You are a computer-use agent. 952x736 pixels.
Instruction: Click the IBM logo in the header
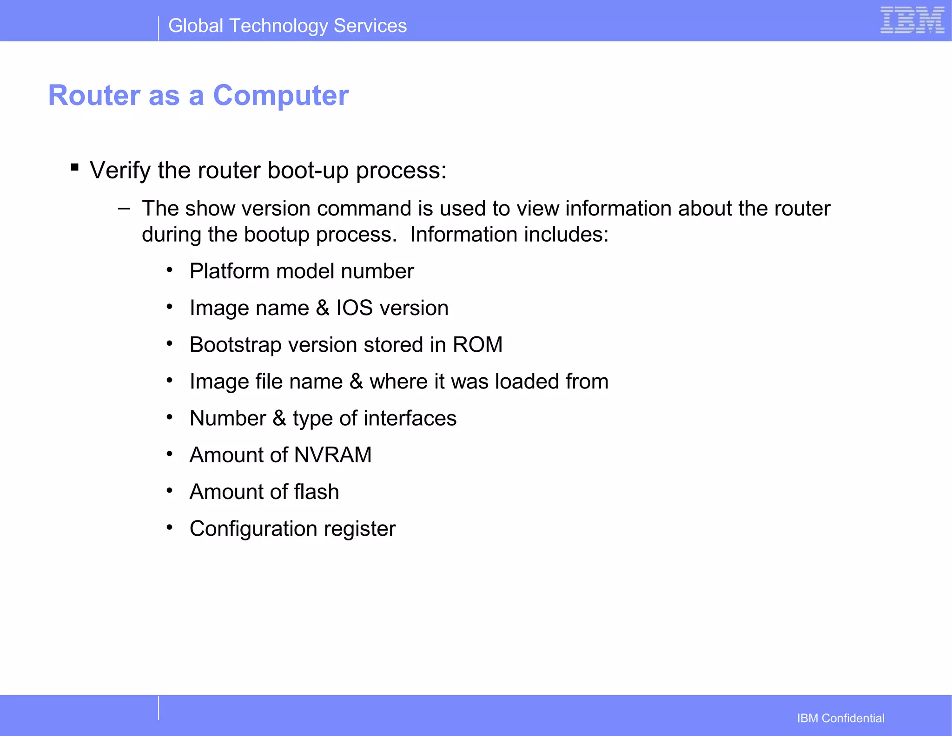912,20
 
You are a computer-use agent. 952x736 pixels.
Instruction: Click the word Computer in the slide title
280,96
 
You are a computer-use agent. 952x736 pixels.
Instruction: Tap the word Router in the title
94,96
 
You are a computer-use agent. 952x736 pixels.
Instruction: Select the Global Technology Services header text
287,26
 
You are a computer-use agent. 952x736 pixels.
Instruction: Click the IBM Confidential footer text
840,718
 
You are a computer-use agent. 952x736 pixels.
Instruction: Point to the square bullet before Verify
75,167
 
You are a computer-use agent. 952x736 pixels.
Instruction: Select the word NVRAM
333,455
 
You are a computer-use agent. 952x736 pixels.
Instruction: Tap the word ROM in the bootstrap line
477,345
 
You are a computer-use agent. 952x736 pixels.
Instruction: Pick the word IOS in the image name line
354,308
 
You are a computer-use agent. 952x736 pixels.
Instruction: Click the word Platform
229,271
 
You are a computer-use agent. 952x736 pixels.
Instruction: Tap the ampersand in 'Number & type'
279,418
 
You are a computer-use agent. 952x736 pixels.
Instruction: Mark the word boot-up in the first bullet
308,171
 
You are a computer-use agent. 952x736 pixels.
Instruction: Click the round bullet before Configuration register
170,527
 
